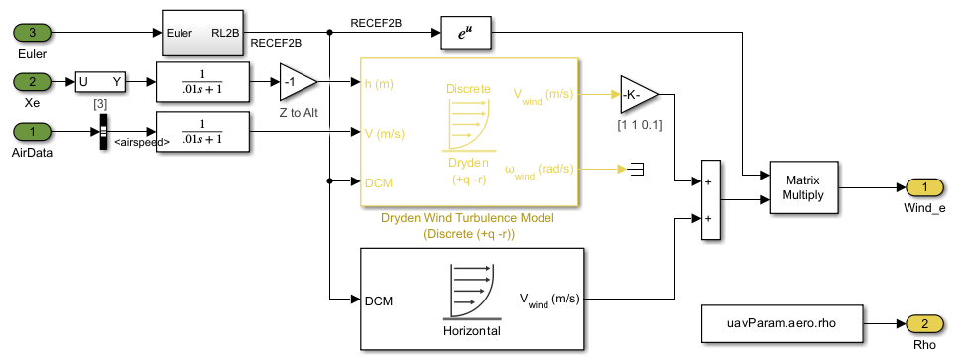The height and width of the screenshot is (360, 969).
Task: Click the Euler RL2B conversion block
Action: (x=202, y=32)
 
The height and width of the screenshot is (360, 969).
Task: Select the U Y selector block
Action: (x=103, y=81)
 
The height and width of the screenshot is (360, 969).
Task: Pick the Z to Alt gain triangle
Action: (x=296, y=81)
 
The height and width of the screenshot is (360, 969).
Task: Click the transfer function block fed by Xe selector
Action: (x=202, y=81)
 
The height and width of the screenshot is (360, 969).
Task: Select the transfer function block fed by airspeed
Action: (x=202, y=131)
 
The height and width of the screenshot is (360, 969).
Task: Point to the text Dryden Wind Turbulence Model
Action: (x=466, y=218)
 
